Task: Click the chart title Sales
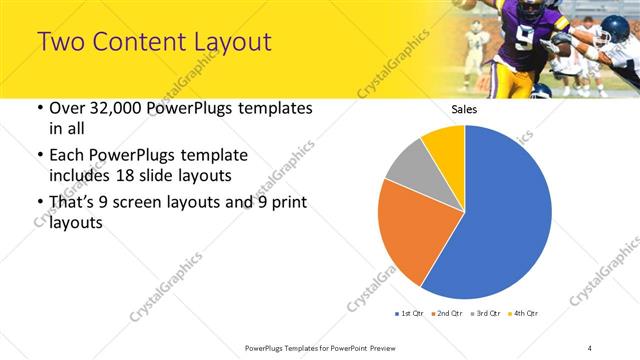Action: point(464,109)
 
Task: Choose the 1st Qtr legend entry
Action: point(411,314)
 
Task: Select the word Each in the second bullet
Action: point(68,156)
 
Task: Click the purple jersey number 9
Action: point(527,41)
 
